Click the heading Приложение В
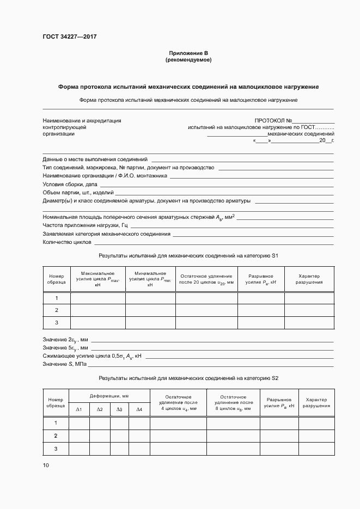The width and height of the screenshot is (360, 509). coord(188,53)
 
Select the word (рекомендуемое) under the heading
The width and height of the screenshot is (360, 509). coord(188,59)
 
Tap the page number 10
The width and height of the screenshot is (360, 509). coord(45,465)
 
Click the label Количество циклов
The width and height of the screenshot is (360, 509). coord(67,242)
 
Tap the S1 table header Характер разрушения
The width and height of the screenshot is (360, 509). coord(309,279)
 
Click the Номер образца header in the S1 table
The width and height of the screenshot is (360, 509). coord(57,279)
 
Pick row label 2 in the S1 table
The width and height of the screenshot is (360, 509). coord(57,310)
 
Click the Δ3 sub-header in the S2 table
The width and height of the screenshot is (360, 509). coord(119,409)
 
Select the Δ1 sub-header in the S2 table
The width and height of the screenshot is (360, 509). coord(79,409)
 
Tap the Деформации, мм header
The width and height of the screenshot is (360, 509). coord(109,396)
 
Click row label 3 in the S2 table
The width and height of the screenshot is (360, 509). coord(56,449)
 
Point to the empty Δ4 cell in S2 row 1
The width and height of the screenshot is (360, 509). coord(139,423)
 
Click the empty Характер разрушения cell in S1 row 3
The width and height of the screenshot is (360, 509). coord(309,323)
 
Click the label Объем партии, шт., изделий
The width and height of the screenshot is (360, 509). coord(78,193)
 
